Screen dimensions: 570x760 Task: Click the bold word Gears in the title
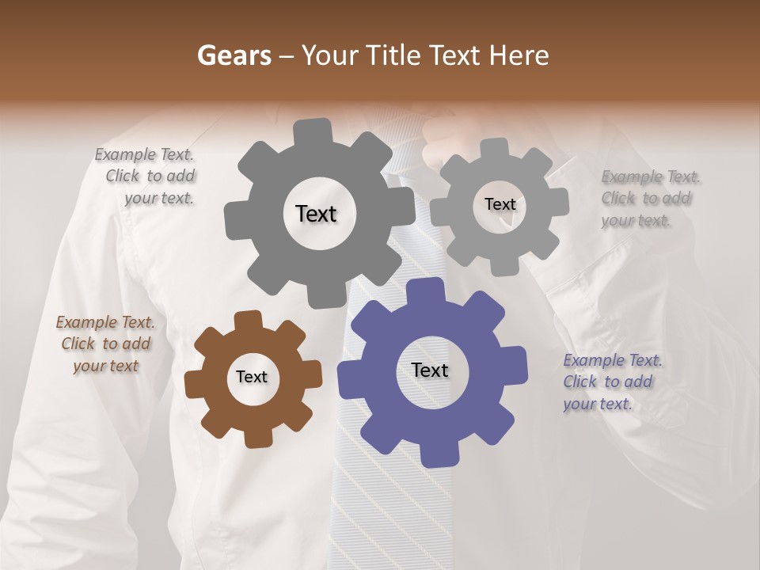[234, 55]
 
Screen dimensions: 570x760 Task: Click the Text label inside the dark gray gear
[316, 214]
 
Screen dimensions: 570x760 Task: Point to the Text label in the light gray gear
[500, 204]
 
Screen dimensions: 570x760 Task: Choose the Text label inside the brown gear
[252, 377]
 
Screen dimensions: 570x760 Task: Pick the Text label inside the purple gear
[430, 370]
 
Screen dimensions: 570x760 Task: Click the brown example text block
[105, 344]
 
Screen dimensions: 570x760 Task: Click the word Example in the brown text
[86, 322]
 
